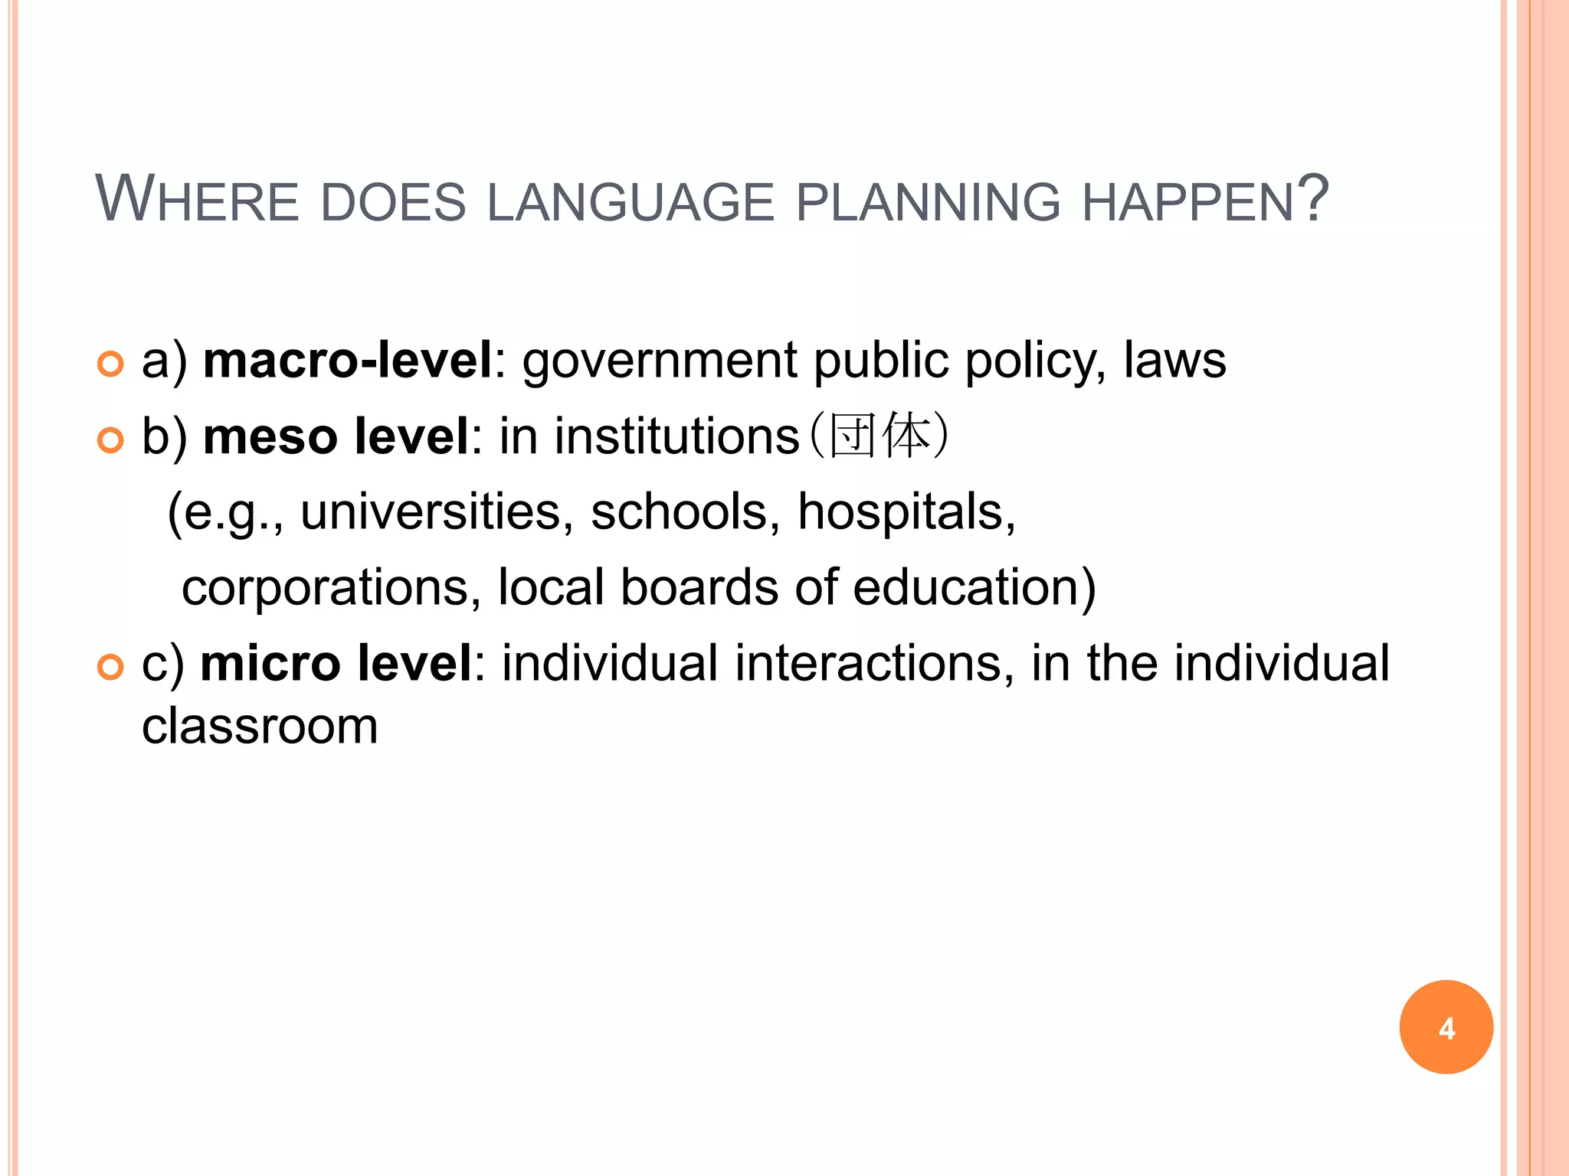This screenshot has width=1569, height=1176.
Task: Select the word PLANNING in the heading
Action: pos(928,202)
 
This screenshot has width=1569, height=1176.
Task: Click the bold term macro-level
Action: pos(347,360)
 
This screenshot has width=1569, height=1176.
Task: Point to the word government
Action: pos(660,361)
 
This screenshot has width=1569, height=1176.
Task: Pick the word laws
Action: pos(1174,360)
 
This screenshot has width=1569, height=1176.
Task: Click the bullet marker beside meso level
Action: pos(111,440)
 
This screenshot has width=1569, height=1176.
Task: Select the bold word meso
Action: pos(270,436)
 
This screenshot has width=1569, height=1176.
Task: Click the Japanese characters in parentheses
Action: pos(879,436)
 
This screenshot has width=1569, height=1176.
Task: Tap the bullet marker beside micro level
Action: pos(111,668)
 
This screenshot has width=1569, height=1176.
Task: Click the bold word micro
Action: pos(270,663)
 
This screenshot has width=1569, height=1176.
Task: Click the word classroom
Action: pos(260,726)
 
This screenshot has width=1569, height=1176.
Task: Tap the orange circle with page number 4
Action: pos(1446,1027)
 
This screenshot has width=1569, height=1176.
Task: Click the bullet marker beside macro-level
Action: pos(111,364)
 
